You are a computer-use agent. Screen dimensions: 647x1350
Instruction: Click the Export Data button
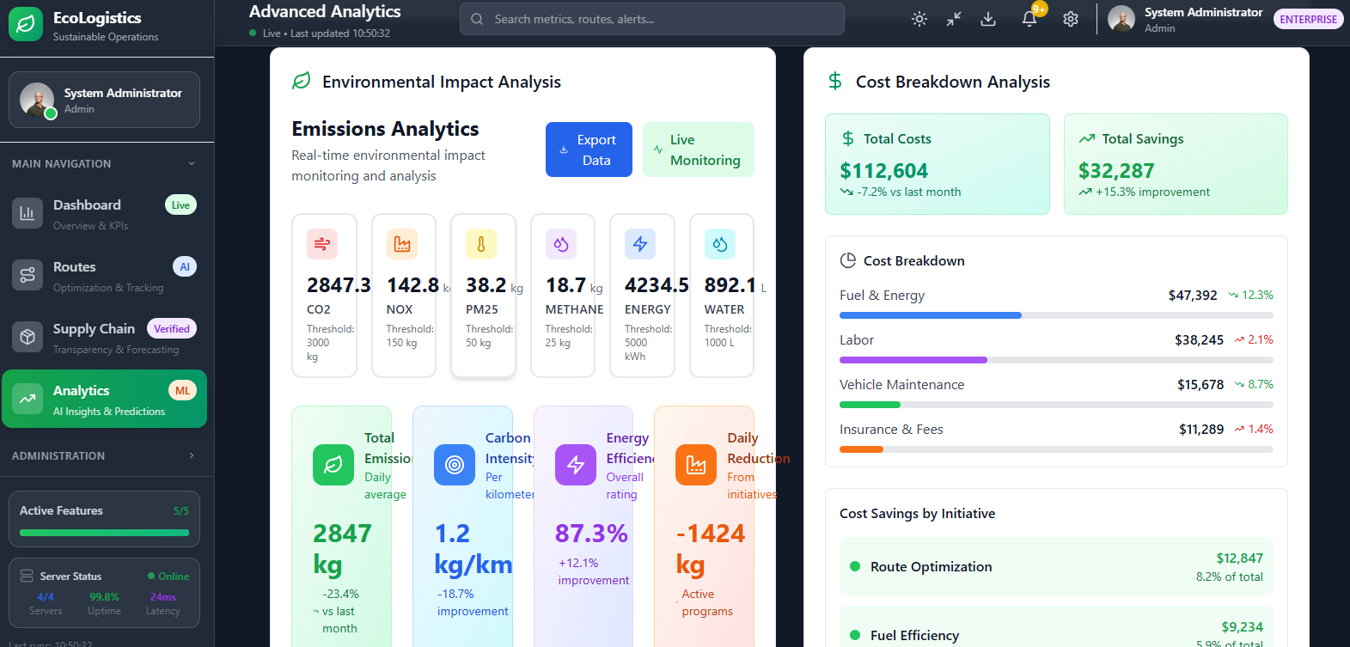tap(589, 150)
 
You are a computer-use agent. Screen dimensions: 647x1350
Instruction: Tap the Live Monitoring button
tap(698, 150)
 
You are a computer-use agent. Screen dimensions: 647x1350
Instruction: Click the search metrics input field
tap(653, 19)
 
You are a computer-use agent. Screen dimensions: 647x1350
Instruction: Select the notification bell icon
tap(1029, 19)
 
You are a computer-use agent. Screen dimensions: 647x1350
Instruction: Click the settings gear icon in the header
tap(1070, 19)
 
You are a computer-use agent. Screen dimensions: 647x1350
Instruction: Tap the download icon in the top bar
tap(988, 19)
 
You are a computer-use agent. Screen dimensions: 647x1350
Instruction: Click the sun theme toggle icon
tap(919, 19)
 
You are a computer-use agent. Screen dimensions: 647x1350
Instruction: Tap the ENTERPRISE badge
tap(1308, 19)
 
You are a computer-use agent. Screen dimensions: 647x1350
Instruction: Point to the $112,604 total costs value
tap(883, 171)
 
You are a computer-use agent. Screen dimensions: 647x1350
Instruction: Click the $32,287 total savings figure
tap(1116, 171)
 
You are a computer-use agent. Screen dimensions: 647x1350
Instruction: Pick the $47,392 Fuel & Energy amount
tap(1192, 296)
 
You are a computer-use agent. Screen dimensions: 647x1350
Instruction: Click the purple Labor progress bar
tap(913, 360)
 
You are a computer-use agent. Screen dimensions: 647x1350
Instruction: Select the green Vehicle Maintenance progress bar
tap(870, 405)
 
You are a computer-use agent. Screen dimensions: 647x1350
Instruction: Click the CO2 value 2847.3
tap(339, 285)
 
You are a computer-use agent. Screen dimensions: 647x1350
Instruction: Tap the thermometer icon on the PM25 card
tap(481, 245)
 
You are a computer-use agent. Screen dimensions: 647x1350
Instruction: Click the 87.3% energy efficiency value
tap(591, 534)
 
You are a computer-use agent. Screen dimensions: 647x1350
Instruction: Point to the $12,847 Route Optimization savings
tap(1239, 558)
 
